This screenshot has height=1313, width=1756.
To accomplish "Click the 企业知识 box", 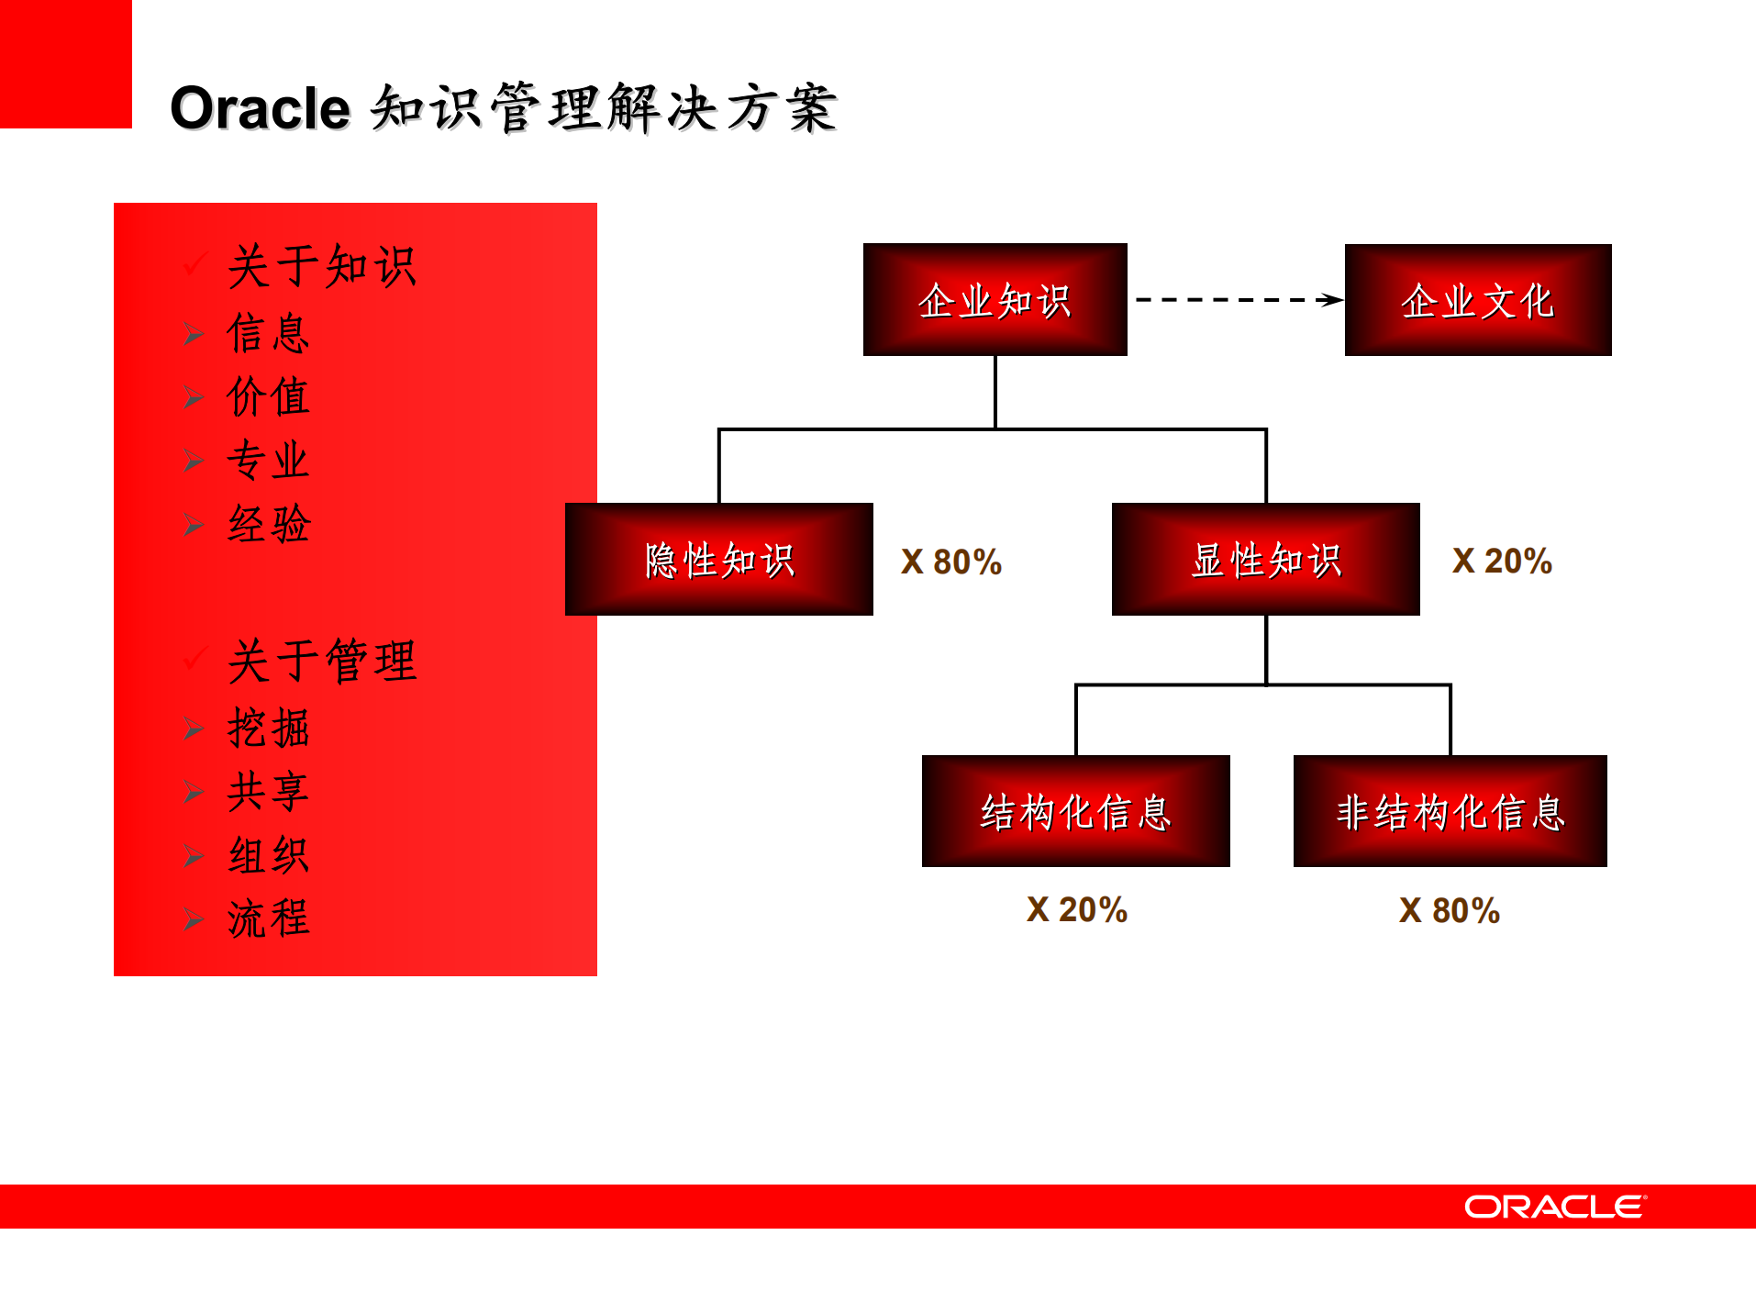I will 995,300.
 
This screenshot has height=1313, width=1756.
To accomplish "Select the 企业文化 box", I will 1477,300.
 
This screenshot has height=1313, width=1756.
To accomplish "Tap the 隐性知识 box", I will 719,560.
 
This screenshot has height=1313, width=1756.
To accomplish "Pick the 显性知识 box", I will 1265,560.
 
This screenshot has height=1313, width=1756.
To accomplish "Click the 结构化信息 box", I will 1075,811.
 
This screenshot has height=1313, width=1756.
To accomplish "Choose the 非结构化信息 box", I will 1450,811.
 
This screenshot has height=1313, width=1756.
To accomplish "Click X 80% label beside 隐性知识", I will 951,562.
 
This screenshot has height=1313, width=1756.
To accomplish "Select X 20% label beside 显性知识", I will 1502,562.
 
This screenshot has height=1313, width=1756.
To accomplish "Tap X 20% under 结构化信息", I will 1077,910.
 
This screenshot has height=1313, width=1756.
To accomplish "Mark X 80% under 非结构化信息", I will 1450,911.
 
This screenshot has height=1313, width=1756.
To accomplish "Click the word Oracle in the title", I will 260,109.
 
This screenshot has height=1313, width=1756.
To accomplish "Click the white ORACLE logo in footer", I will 1555,1207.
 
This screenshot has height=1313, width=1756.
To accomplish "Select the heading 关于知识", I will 322,267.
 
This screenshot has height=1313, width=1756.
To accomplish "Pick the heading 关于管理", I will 322,662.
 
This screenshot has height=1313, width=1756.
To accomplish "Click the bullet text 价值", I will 269,397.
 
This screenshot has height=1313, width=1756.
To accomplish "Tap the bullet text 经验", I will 269,525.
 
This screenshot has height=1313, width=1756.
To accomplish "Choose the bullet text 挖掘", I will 269,729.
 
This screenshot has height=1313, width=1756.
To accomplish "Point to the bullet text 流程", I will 269,918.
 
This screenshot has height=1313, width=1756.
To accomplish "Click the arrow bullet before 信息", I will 193,334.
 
